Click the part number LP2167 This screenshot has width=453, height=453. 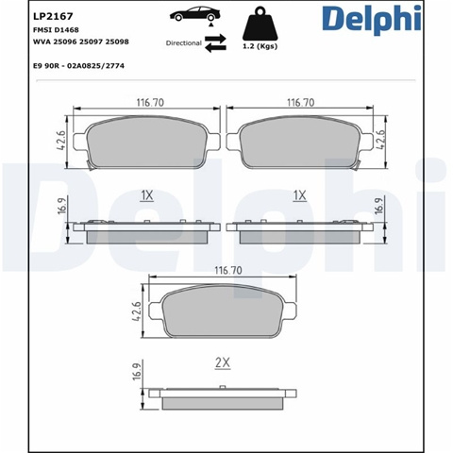53,16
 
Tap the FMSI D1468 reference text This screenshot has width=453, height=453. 56,30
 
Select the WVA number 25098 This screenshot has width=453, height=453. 117,42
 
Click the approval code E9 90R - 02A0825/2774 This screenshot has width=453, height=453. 78,66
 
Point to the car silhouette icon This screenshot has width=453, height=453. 195,14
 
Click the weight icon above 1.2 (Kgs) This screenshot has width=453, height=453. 260,25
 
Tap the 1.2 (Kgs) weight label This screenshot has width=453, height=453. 260,46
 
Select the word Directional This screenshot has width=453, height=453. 184,43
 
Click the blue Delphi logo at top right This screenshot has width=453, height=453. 372,19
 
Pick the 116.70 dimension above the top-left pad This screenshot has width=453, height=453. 150,103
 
